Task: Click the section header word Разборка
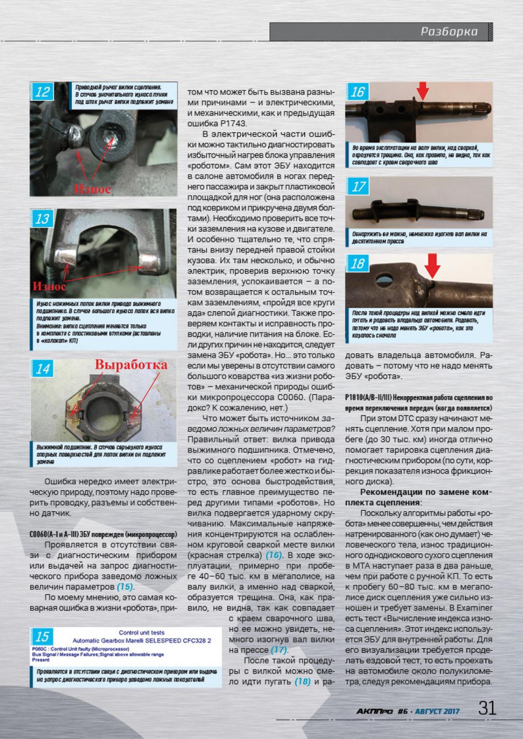point(449,31)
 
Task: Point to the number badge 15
point(42,637)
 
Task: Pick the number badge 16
point(357,92)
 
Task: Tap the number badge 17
point(358,187)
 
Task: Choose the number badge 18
point(358,264)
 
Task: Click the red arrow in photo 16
point(422,91)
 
